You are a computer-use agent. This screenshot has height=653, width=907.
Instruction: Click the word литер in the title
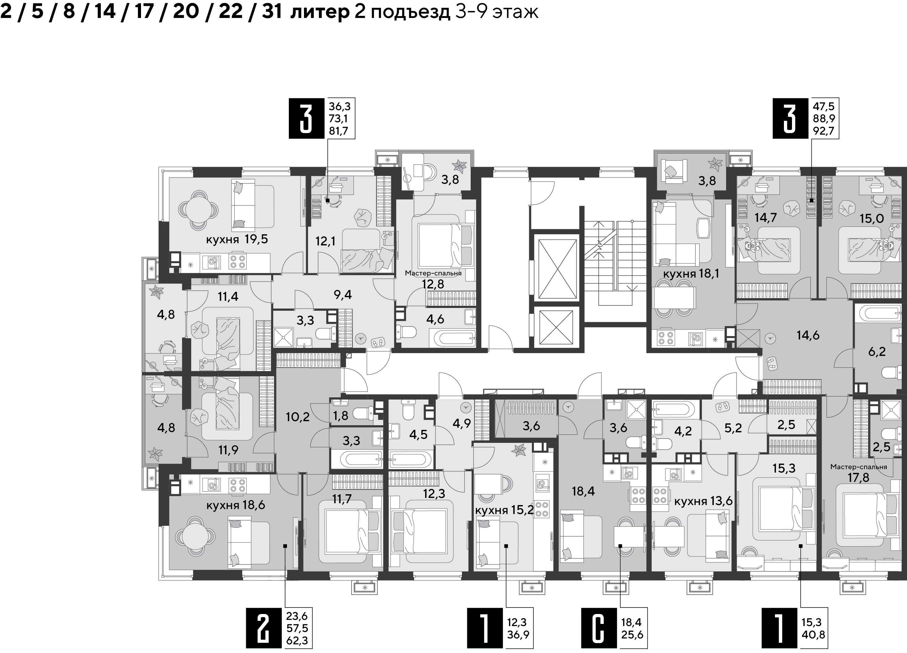point(319,12)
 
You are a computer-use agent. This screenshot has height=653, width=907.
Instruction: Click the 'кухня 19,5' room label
point(237,240)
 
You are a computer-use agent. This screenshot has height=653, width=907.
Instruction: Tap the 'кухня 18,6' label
point(236,505)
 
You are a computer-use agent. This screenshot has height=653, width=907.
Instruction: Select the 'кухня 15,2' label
point(504,511)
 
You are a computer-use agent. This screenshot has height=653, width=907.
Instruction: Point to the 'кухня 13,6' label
point(704,501)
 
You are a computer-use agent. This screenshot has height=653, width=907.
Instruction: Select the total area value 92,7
point(824,131)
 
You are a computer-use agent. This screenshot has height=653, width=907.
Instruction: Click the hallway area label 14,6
point(807,335)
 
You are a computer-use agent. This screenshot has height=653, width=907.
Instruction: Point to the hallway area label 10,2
point(297,417)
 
